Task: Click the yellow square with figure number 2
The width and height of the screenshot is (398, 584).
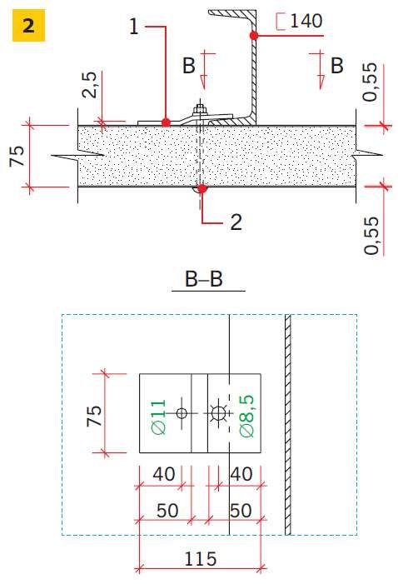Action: [x=28, y=25]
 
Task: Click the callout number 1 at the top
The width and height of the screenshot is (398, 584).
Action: [x=134, y=27]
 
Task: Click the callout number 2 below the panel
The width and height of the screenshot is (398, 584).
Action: [x=236, y=222]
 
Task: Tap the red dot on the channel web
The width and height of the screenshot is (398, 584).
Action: [x=254, y=36]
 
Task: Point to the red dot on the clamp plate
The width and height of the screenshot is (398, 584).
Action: [x=166, y=122]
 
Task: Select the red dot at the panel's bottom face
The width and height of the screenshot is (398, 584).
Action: [x=201, y=188]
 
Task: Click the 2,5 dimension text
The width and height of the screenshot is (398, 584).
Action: [x=91, y=85]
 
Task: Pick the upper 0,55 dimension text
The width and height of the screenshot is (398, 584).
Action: [x=371, y=82]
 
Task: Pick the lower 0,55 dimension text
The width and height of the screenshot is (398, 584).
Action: [x=371, y=236]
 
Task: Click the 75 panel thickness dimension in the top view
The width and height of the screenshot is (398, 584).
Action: [x=17, y=156]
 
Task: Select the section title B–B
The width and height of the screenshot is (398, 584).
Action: [x=204, y=278]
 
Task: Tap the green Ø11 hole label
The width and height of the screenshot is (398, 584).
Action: [x=159, y=417]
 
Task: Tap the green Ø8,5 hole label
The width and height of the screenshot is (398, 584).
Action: [x=246, y=416]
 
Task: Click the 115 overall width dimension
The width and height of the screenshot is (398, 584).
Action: [x=201, y=559]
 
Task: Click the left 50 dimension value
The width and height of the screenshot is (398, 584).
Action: [x=167, y=511]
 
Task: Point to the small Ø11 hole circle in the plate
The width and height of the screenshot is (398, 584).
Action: [x=182, y=413]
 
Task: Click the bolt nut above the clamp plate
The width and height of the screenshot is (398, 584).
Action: [x=200, y=109]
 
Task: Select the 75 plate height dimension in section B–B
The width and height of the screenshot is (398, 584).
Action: [x=94, y=415]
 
